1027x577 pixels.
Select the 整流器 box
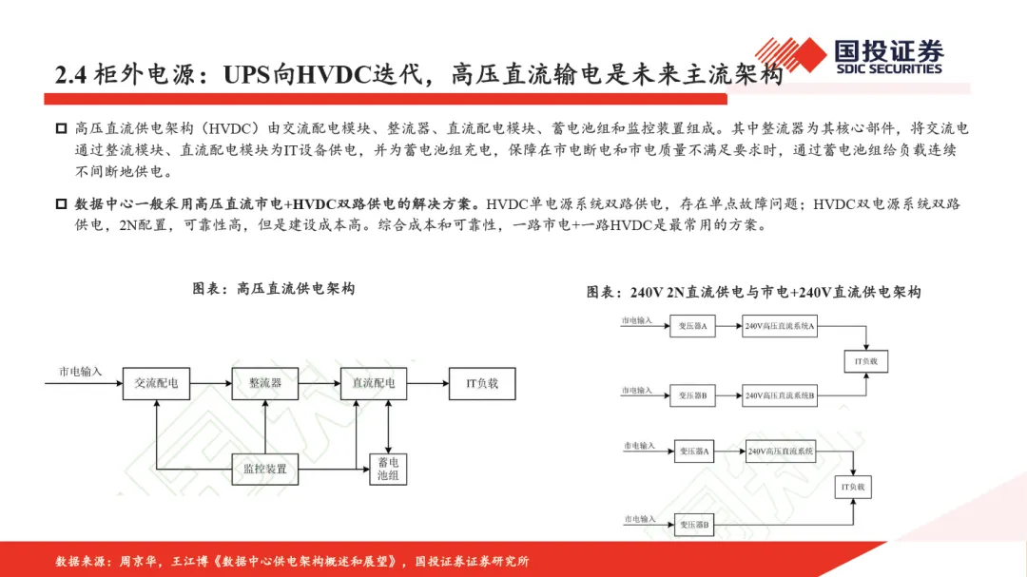(x=265, y=384)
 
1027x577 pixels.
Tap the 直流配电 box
(x=374, y=384)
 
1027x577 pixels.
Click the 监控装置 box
(x=265, y=469)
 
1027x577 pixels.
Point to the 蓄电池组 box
(x=387, y=469)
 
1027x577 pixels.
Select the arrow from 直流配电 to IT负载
(x=429, y=384)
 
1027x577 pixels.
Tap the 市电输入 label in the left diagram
(x=81, y=372)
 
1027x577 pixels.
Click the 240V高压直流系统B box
(x=780, y=395)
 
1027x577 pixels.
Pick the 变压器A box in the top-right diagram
(x=692, y=327)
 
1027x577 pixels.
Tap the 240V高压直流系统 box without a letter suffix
(x=781, y=452)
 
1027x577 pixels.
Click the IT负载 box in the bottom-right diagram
(x=852, y=487)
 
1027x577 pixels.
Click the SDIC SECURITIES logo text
(x=888, y=68)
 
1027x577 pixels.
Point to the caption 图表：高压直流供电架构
(x=274, y=288)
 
